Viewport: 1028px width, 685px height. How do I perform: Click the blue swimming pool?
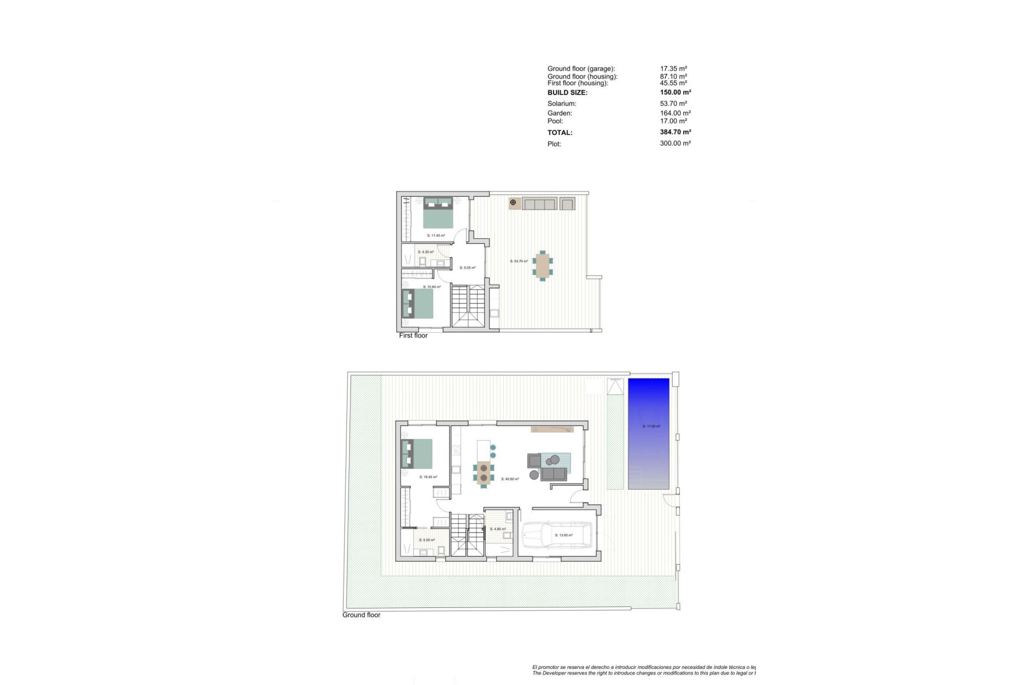648,433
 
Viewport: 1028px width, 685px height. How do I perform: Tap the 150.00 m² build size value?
675,93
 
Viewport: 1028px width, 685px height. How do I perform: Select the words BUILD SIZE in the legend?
567,93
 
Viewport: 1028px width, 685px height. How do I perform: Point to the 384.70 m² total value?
675,132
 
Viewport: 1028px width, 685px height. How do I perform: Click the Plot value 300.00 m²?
675,143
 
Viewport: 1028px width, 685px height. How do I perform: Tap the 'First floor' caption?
413,336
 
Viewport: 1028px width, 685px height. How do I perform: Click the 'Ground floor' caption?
361,615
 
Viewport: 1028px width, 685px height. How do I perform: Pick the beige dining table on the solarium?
542,265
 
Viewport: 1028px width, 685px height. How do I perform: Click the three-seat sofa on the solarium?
540,203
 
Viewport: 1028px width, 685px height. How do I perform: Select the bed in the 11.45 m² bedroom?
439,212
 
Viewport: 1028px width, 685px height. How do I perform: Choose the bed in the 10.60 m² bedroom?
418,303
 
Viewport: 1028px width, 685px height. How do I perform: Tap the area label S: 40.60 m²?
510,479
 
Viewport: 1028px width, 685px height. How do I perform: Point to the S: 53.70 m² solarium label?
518,261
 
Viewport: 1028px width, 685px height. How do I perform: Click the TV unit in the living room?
552,429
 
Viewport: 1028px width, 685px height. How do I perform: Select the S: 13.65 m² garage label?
564,535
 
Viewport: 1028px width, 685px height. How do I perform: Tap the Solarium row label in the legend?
562,104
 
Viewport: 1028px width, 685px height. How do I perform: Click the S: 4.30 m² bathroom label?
426,252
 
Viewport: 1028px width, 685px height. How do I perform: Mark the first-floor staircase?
468,306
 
